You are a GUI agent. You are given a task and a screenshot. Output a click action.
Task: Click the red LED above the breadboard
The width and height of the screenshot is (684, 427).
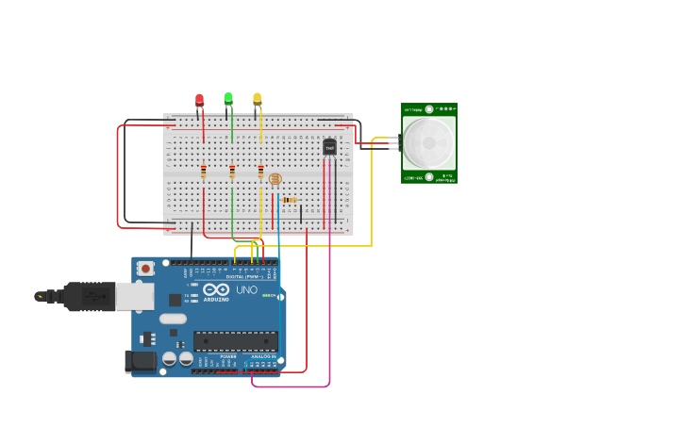(x=199, y=99)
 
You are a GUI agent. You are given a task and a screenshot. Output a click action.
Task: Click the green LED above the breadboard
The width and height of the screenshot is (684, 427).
(x=228, y=97)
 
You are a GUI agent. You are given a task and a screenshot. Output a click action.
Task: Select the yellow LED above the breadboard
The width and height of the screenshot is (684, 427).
(x=257, y=97)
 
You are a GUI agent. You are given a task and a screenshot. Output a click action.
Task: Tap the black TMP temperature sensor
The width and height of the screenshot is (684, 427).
(x=329, y=147)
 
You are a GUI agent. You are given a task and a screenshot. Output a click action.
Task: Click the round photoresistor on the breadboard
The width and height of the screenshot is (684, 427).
(x=275, y=178)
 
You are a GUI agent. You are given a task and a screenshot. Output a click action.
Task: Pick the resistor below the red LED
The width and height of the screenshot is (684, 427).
(x=203, y=172)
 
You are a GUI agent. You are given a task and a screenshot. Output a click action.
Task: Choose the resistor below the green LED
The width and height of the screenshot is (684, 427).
(x=232, y=172)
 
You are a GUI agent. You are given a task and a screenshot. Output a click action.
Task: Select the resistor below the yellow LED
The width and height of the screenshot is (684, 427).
(x=261, y=172)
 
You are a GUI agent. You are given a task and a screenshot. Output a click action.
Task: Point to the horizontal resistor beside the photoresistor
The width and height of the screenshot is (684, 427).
(x=289, y=200)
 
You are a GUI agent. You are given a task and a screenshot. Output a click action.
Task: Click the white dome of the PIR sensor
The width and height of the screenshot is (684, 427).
(x=429, y=143)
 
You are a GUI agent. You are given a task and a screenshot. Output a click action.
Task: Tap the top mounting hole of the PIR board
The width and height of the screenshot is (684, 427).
(x=429, y=109)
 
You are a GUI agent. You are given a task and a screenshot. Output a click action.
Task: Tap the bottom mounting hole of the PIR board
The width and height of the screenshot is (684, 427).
(x=429, y=177)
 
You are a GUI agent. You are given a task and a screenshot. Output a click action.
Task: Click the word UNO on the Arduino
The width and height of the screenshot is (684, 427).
(x=246, y=290)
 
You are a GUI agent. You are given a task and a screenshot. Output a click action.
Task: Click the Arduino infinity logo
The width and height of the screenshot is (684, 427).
(x=216, y=290)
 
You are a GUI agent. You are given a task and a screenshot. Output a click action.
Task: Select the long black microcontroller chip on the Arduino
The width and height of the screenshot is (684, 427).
(x=235, y=341)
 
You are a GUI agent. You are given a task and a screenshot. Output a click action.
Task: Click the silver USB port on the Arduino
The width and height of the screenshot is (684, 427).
(x=135, y=296)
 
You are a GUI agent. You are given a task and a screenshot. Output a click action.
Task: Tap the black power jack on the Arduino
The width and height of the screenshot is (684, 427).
(x=142, y=361)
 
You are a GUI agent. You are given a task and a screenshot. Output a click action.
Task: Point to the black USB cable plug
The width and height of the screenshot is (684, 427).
(x=90, y=296)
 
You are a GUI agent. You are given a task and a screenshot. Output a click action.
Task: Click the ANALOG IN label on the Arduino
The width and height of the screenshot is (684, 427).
(x=264, y=356)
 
